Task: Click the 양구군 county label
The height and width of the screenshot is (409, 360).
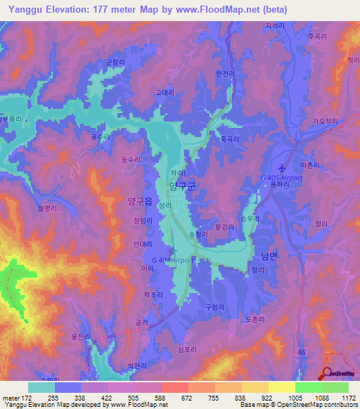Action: [x=181, y=186]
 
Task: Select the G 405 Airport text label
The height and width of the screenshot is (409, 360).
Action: [x=281, y=178]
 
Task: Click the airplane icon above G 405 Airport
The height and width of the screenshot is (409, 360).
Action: [x=283, y=168]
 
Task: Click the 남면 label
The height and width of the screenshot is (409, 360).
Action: [x=269, y=257]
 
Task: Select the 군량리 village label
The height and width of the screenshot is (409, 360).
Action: [x=115, y=62]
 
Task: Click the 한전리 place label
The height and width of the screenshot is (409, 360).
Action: [x=224, y=72]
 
